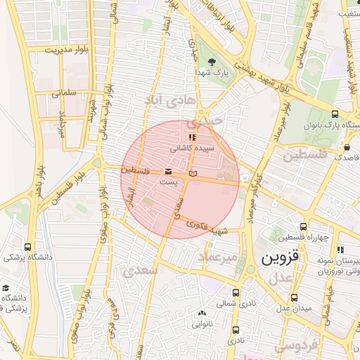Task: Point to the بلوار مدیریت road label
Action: (x=68, y=51)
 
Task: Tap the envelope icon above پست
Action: (x=168, y=172)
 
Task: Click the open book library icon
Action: (x=193, y=173)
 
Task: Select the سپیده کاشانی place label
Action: (x=193, y=149)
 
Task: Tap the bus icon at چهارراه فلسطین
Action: (x=303, y=226)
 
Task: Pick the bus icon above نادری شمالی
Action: (x=236, y=292)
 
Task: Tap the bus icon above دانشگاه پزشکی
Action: (x=27, y=247)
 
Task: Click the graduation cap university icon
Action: (x=6, y=288)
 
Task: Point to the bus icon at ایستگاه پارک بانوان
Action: (x=334, y=114)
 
